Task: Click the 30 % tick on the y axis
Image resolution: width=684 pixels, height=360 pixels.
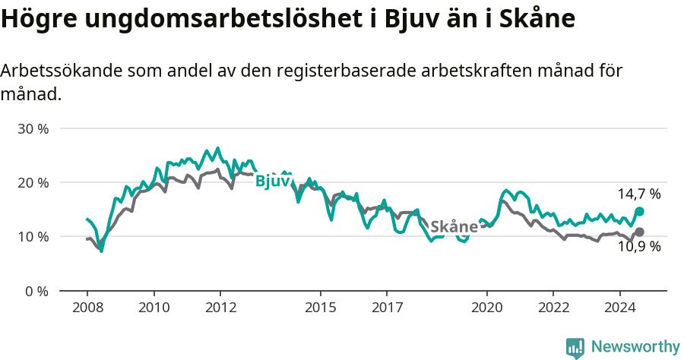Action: (33, 128)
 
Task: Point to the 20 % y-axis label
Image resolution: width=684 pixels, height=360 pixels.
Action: (33, 182)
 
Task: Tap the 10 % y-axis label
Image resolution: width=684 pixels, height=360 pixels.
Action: (33, 236)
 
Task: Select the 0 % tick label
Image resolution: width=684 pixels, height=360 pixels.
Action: (36, 291)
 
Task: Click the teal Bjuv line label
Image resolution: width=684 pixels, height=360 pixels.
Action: (273, 181)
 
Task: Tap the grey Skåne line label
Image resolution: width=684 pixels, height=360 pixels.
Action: (454, 226)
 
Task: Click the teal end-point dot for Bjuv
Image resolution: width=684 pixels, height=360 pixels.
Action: (639, 211)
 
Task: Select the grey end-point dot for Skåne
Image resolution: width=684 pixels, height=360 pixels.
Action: (639, 232)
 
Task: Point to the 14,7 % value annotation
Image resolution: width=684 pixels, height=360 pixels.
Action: (638, 194)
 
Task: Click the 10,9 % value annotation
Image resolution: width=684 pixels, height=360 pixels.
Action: (638, 247)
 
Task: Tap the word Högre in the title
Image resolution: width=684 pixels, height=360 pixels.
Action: (39, 19)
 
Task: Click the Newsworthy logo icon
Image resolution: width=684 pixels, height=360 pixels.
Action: (575, 348)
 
